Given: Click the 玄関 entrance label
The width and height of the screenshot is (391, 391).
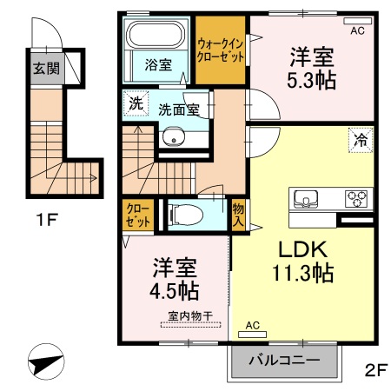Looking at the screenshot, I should click(46, 68).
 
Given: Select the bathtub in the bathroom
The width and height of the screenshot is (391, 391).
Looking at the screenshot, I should click(156, 36).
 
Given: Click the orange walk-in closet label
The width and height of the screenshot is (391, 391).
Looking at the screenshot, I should click(221, 48).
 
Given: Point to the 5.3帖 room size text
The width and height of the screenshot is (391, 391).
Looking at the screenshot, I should click(314, 76).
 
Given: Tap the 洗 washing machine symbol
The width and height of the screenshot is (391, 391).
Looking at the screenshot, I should click(135, 101).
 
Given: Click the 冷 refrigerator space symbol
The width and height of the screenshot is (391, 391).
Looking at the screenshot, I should click(359, 139).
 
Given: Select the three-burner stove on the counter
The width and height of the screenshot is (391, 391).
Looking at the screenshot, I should click(356, 198).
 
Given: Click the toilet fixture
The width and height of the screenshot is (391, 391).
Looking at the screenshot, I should click(186, 215).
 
